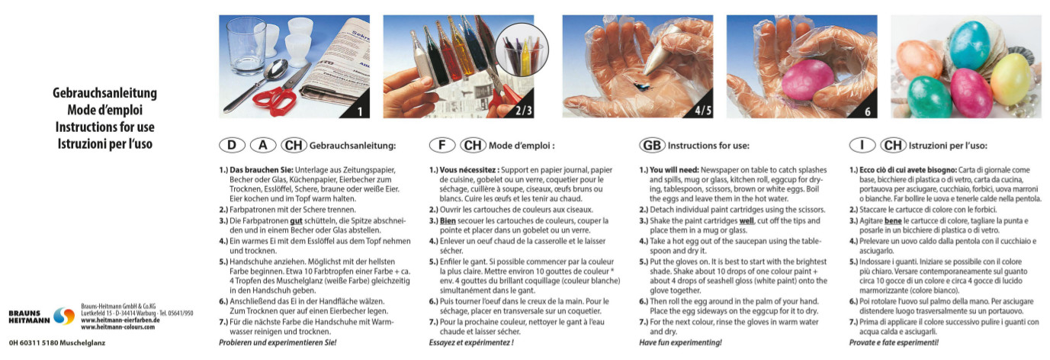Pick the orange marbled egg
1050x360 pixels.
[919, 60]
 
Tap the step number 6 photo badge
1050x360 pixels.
[868, 111]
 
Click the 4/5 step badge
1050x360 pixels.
[703, 111]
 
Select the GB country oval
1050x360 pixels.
[652, 146]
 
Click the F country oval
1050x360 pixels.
[442, 146]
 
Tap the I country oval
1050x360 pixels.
[862, 146]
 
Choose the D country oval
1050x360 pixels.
[232, 146]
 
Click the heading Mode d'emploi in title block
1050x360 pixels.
[105, 110]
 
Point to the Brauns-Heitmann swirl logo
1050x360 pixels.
[64, 317]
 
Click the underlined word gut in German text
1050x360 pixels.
[297, 220]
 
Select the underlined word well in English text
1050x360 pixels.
[747, 220]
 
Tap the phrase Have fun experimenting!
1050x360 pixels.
[681, 342]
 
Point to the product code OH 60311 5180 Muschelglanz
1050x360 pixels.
[56, 343]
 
